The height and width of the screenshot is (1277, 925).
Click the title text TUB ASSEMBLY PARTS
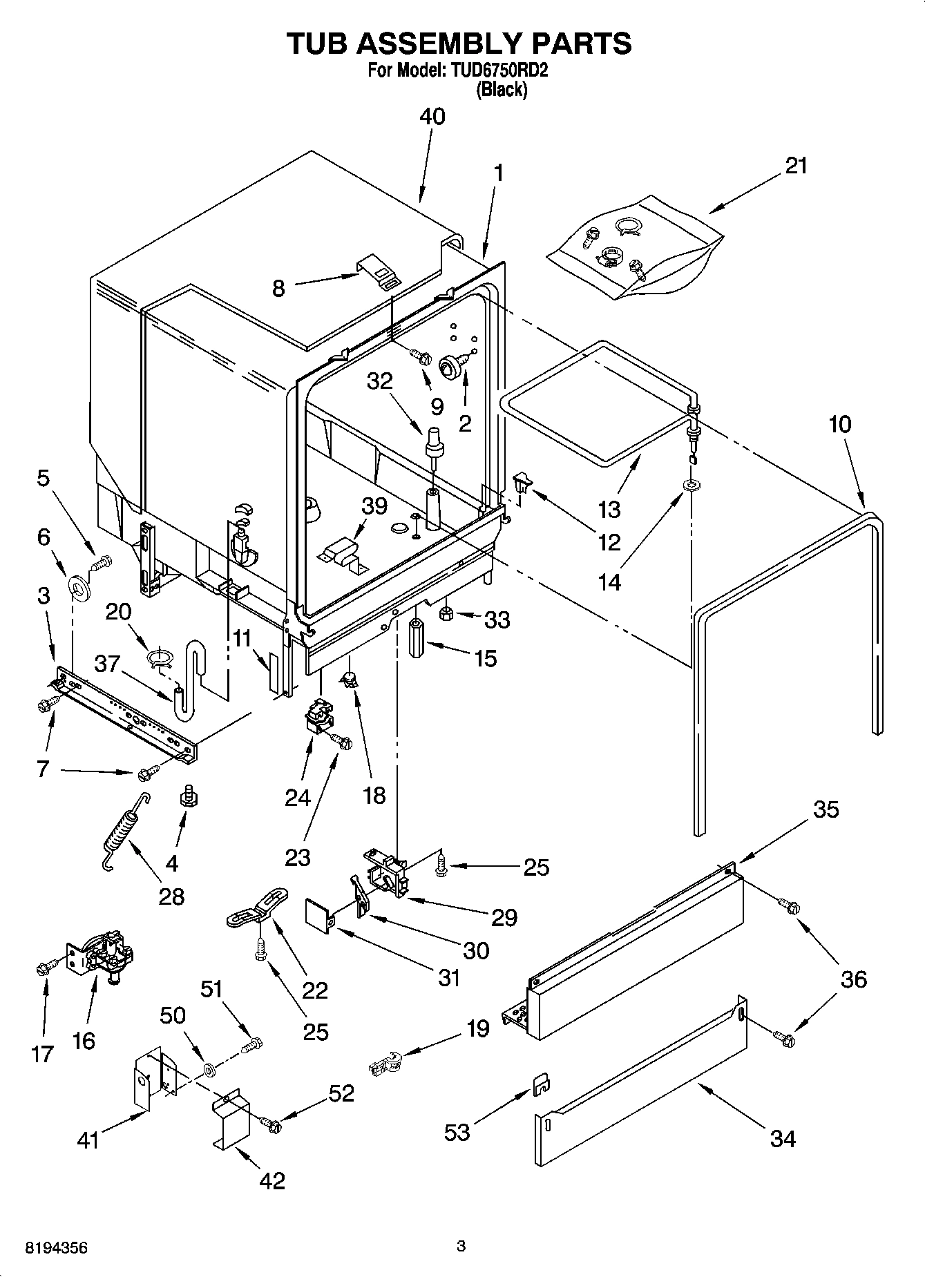pos(459,43)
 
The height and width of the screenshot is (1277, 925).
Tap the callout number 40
pos(432,117)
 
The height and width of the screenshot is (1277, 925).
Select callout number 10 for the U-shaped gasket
pos(839,424)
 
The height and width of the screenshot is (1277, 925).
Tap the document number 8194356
pos(56,1248)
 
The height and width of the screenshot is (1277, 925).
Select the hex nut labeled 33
pos(447,612)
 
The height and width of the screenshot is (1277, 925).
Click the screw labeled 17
pos(43,970)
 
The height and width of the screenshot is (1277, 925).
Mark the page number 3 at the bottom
pos(461,1247)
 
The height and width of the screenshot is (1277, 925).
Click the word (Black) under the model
pos(502,90)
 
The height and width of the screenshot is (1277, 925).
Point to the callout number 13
pos(609,509)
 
